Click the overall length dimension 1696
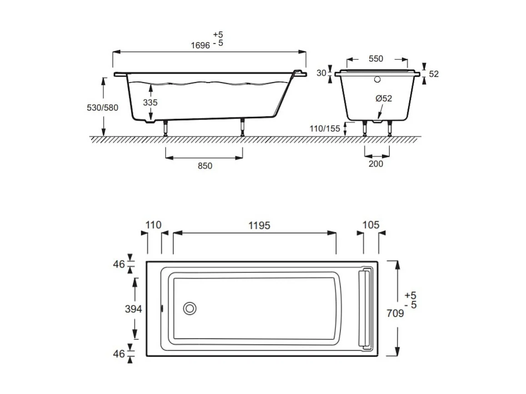coord(200,45)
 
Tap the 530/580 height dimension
coord(102,108)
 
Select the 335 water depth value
coord(150,103)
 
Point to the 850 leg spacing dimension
coord(205,166)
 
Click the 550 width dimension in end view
coord(376,59)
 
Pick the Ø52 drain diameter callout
coord(384,98)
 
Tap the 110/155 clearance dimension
coord(325,129)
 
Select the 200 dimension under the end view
coord(376,164)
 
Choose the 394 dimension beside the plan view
coord(134,309)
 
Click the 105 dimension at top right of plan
coord(371,225)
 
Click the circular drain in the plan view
coord(190,309)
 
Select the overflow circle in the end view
coord(376,80)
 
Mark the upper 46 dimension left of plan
coord(119,264)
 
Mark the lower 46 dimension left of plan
coord(119,353)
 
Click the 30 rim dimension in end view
coord(321,73)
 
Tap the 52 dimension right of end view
coord(434,74)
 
